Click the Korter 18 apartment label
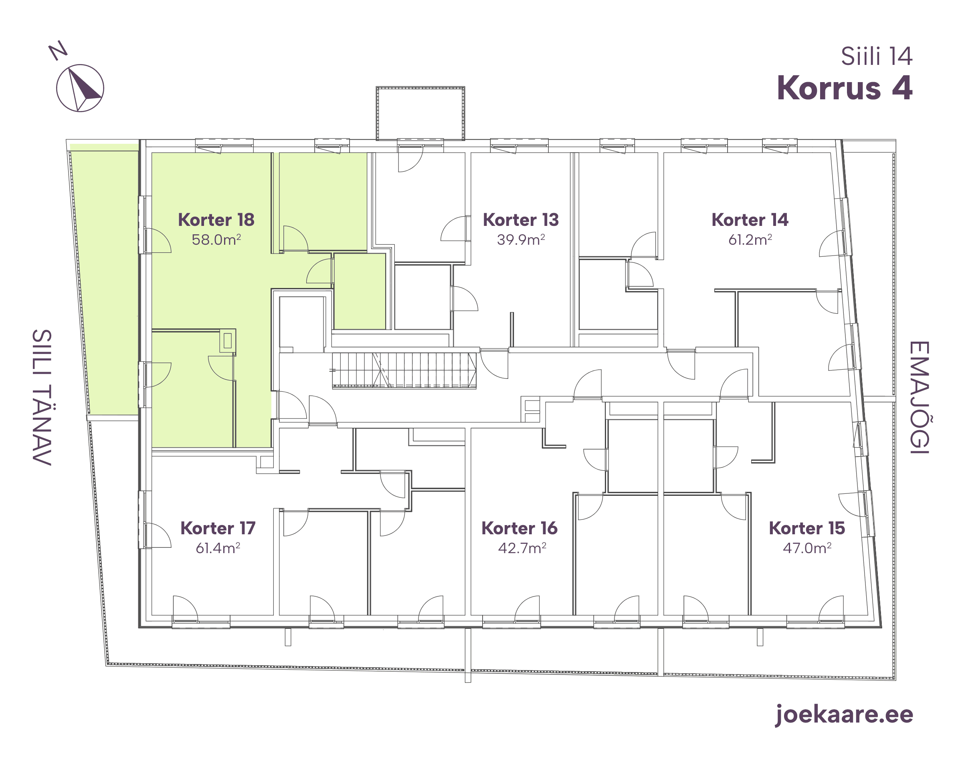[x=216, y=220]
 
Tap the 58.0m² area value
[x=216, y=240]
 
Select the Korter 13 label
[x=521, y=220]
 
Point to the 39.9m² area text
[x=521, y=240]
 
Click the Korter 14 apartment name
[x=750, y=220]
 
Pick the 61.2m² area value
[x=750, y=240]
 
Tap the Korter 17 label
[x=218, y=528]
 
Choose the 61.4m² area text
[x=218, y=548]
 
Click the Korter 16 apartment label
[x=519, y=528]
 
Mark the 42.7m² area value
[x=522, y=548]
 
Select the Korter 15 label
[x=807, y=528]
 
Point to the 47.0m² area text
[x=807, y=548]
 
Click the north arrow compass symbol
[x=80, y=88]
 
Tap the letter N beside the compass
[x=58, y=50]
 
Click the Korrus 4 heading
[x=845, y=88]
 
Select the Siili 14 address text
[x=877, y=56]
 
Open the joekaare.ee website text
[x=844, y=715]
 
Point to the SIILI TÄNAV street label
[x=42, y=398]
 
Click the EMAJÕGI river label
[x=919, y=398]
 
